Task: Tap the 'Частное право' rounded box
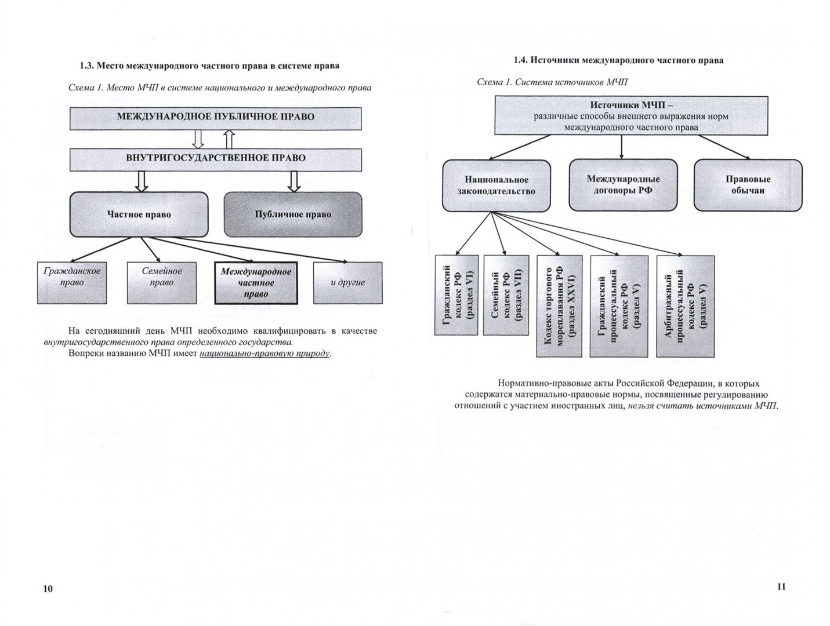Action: coord(139,214)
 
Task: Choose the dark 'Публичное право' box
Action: coord(293,214)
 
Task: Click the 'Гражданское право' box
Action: coord(72,282)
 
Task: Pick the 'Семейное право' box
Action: coord(162,282)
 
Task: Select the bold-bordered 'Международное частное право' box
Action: coord(256,283)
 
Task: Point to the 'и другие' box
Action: coord(347,282)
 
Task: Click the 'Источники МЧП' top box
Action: coord(631,116)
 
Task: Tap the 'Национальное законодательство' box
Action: coord(496,185)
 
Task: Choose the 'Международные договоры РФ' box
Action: coord(623,184)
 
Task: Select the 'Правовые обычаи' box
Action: coord(748,184)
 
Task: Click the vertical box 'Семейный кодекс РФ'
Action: coord(506,295)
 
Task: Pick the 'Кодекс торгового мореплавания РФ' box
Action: coord(559,305)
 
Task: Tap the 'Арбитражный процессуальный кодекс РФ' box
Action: coord(685,306)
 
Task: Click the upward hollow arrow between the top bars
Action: coord(229,139)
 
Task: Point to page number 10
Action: coord(48,589)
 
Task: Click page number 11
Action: coord(781,587)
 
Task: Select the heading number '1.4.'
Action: coord(520,60)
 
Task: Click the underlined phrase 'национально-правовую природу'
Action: coord(264,353)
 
